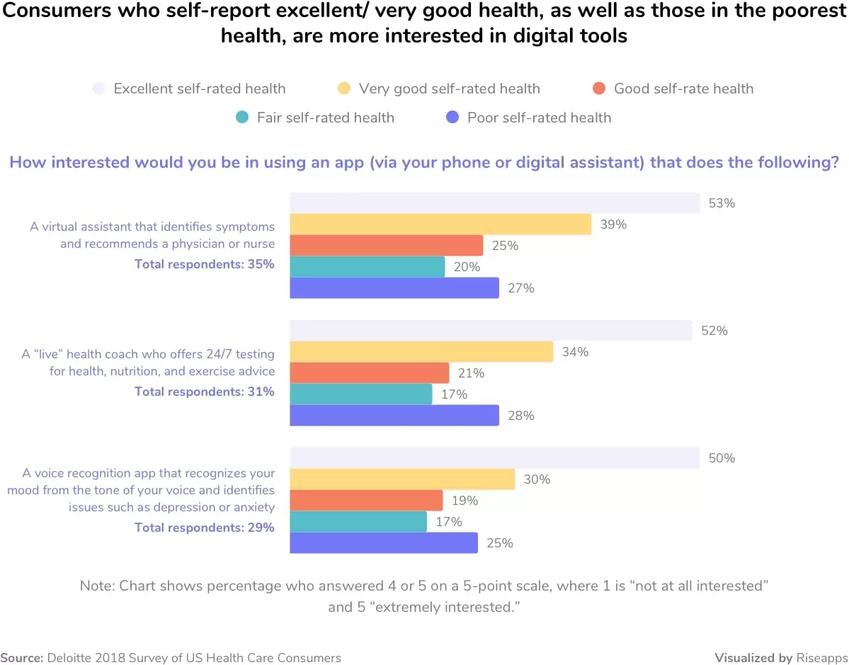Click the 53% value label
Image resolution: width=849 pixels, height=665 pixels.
[x=722, y=203]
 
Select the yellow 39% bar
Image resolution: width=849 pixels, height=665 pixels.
[x=440, y=224]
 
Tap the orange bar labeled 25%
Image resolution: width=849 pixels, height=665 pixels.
[x=387, y=246]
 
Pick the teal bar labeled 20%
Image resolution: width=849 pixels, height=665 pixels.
[x=367, y=267]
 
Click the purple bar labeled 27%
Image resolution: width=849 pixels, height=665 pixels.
[x=394, y=288]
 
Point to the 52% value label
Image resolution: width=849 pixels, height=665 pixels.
[x=714, y=331]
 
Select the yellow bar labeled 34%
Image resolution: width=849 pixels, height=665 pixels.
[x=421, y=352]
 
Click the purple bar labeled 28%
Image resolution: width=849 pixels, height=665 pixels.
[x=394, y=416]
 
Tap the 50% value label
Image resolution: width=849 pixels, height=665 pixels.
[x=722, y=458]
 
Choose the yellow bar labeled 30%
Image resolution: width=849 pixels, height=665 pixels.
[x=402, y=479]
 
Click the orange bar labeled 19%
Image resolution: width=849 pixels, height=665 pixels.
[x=366, y=501]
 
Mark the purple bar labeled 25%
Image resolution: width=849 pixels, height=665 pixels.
[x=384, y=543]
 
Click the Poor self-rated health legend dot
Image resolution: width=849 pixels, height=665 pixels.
[x=454, y=118]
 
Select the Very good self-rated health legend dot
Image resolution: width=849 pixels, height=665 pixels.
[x=344, y=89]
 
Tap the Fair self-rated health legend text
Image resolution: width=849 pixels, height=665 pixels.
[x=326, y=118]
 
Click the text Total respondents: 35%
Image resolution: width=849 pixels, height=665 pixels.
[x=205, y=264]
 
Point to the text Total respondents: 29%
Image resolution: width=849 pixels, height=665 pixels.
[x=205, y=528]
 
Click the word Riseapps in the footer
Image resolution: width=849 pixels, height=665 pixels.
[x=819, y=657]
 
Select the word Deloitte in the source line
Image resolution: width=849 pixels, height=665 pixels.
[x=72, y=657]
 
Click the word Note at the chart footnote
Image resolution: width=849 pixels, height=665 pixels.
[x=96, y=586]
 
